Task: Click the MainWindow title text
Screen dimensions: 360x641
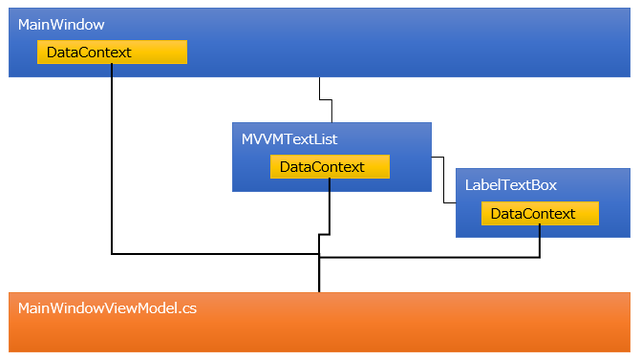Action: [61, 23]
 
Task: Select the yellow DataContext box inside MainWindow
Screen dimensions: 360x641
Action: [112, 52]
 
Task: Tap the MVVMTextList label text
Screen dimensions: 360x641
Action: [289, 139]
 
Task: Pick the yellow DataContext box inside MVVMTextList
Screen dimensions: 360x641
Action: [330, 167]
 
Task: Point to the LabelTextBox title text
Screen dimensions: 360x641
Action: [510, 185]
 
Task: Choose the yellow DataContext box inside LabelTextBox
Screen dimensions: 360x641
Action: [540, 214]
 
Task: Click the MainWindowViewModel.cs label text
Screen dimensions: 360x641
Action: [107, 308]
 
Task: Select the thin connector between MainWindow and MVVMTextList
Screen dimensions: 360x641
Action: [325, 99]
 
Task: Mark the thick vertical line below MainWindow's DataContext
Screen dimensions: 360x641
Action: [112, 162]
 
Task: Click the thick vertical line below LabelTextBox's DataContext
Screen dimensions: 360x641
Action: [541, 241]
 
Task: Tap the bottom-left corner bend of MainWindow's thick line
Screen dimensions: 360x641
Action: [113, 254]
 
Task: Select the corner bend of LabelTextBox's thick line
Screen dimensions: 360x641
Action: [541, 256]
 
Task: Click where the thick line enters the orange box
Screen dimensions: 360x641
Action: [319, 291]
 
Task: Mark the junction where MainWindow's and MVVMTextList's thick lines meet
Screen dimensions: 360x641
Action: [319, 254]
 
